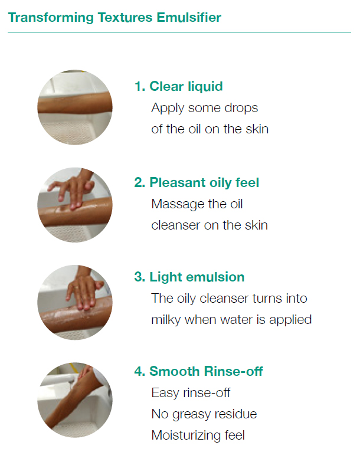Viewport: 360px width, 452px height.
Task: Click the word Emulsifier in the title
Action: pyautogui.click(x=189, y=17)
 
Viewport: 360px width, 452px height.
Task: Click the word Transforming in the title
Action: pyautogui.click(x=51, y=18)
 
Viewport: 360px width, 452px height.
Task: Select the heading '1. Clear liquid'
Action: pyautogui.click(x=179, y=86)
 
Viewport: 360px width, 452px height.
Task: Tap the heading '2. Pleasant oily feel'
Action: pyautogui.click(x=197, y=182)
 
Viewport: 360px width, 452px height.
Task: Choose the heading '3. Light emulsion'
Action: pyautogui.click(x=189, y=277)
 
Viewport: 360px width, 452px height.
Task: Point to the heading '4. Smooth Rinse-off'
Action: pyautogui.click(x=199, y=371)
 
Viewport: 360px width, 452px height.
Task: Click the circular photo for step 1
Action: pyautogui.click(x=75, y=107)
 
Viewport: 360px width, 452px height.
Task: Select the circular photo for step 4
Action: pyautogui.click(x=75, y=400)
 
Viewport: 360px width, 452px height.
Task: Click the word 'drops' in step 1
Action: pyautogui.click(x=241, y=109)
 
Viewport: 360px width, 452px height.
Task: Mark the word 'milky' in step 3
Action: pyautogui.click(x=166, y=320)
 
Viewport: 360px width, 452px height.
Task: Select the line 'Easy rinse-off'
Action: pyautogui.click(x=191, y=393)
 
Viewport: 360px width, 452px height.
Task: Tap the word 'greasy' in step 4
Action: pyautogui.click(x=191, y=415)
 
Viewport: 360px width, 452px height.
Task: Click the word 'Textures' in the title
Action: pyautogui.click(x=125, y=17)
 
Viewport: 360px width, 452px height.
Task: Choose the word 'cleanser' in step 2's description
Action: pyautogui.click(x=176, y=226)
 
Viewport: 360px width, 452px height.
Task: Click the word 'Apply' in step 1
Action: pyautogui.click(x=168, y=109)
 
